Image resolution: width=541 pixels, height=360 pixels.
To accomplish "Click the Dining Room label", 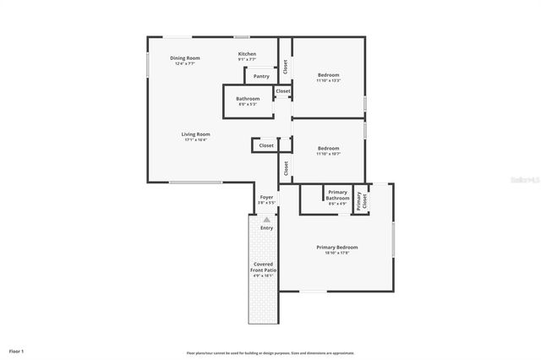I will coord(185,58).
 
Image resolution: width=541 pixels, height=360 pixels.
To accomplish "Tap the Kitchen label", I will coord(247,54).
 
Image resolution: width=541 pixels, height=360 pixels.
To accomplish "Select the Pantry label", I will coord(261,76).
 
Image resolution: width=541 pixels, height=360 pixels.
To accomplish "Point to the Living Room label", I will coord(195,134).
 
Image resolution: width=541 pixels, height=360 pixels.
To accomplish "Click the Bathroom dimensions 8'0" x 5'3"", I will coord(248,104).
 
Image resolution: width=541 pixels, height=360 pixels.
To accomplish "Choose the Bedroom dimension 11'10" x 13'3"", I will coord(328,81).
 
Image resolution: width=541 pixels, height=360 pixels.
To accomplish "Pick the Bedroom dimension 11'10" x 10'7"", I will coord(328,154).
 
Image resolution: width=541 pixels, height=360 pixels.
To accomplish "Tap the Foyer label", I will coord(266,198).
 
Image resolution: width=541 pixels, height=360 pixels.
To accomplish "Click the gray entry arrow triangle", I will coord(266,220).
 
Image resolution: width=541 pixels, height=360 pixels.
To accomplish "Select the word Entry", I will coord(266,227).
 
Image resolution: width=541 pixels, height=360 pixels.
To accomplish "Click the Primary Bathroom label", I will coord(337,195).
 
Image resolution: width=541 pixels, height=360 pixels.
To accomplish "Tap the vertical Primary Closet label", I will coord(361,200).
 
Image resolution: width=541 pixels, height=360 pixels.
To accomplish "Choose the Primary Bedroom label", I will coord(337,247).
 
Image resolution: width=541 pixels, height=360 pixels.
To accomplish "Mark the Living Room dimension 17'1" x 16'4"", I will coord(195,139).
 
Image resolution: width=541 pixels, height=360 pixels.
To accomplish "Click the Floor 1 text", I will coord(17,350).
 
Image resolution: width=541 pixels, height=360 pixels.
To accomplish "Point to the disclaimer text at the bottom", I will coord(270,352).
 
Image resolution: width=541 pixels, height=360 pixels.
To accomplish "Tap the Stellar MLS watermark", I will coord(523,180).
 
